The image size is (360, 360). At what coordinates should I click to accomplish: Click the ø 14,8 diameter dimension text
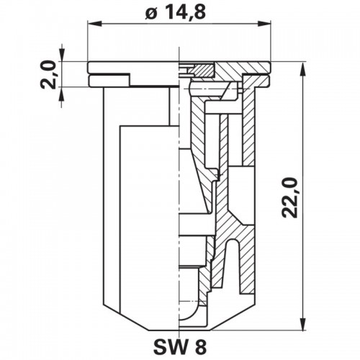click(176, 12)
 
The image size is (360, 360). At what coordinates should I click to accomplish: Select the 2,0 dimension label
click(49, 75)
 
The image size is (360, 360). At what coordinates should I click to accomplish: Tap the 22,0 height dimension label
click(290, 198)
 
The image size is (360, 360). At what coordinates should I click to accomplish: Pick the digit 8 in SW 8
click(199, 346)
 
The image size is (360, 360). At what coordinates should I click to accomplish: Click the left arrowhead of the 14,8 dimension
click(94, 24)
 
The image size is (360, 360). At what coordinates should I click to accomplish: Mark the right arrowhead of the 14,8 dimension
click(264, 24)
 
